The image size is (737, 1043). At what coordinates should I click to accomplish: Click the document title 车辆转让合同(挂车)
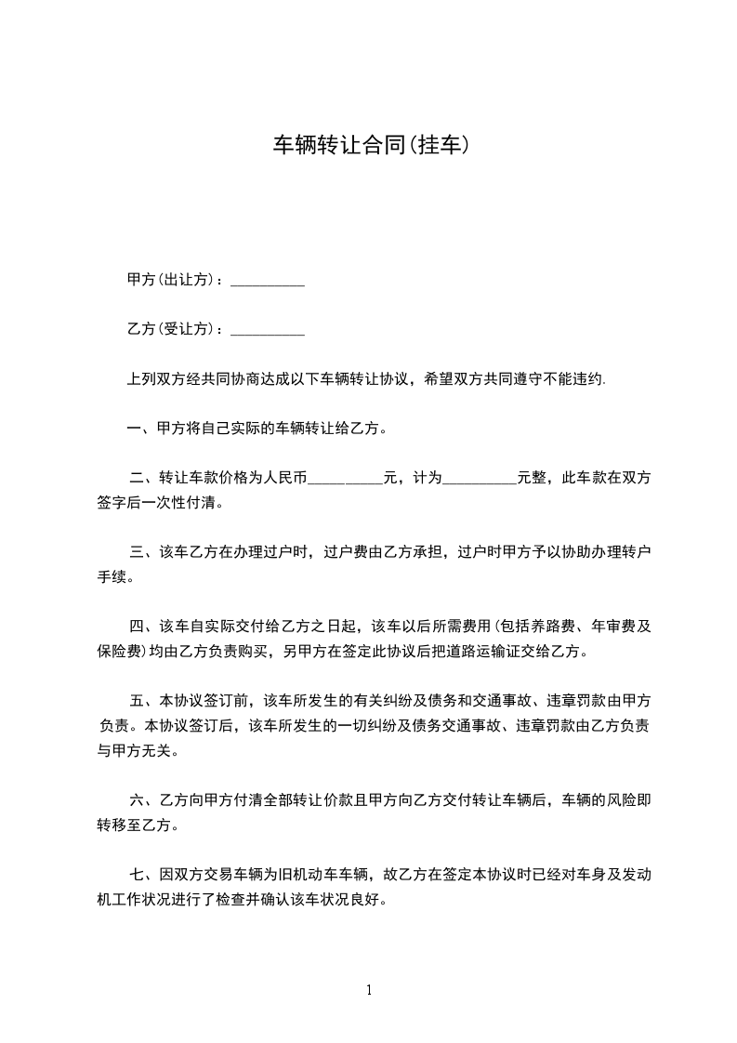(x=368, y=146)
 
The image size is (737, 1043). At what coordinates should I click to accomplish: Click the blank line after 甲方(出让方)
(x=267, y=282)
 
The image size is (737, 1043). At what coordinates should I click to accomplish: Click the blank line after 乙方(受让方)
(x=267, y=331)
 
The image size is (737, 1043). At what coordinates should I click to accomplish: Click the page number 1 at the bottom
(x=369, y=990)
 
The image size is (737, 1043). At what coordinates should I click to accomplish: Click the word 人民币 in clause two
(x=284, y=480)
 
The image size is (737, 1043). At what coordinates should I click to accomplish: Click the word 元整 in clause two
(x=532, y=480)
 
